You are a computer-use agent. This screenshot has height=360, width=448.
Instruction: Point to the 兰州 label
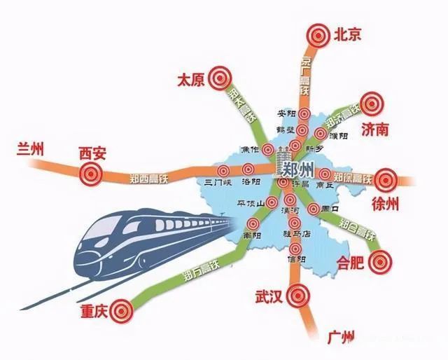click(x=29, y=148)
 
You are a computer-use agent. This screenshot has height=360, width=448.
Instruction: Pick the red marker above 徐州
click(x=384, y=180)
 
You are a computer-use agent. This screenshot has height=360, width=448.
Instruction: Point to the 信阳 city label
click(x=297, y=259)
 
